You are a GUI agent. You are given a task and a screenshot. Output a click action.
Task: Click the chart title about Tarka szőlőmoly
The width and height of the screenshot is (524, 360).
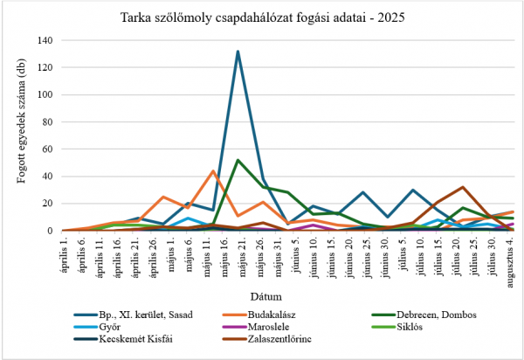(x=262, y=17)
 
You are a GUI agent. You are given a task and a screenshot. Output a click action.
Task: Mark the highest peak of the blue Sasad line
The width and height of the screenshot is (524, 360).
(x=238, y=52)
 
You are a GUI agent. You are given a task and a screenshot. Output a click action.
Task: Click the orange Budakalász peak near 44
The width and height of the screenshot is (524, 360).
(x=213, y=171)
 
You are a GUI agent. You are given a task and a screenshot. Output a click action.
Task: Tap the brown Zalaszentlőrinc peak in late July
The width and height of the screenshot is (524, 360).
(x=462, y=187)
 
